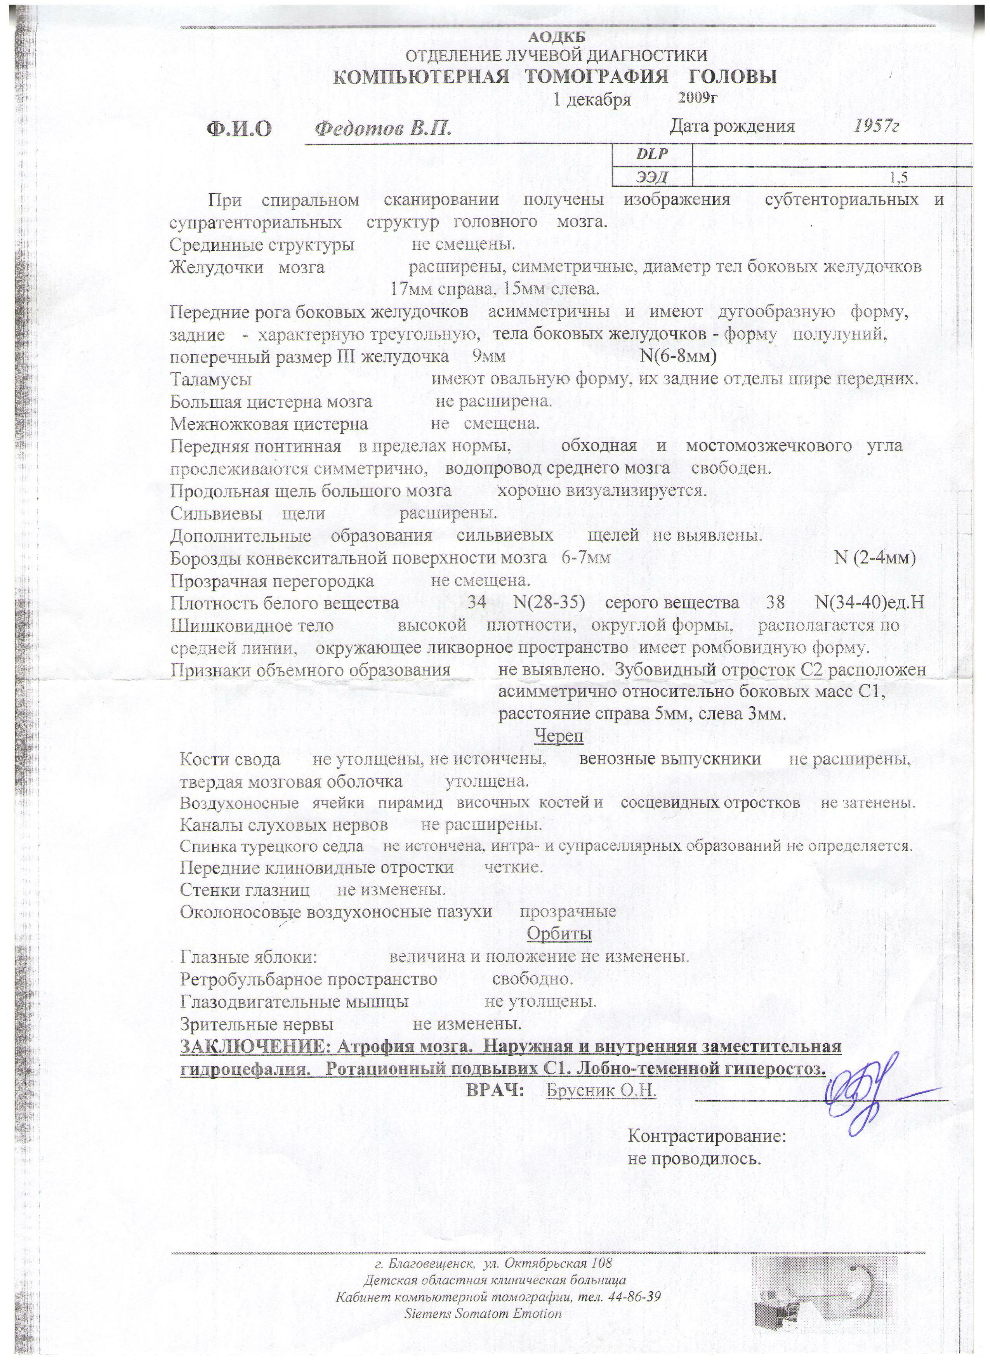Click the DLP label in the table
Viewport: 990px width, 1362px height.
pos(651,155)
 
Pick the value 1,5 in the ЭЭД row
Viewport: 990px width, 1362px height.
pos(899,177)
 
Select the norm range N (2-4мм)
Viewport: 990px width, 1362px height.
pos(875,558)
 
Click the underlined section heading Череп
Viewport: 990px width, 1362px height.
pos(558,736)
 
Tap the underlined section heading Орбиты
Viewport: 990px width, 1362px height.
pos(559,934)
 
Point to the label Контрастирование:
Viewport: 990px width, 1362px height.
pos(707,1137)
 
